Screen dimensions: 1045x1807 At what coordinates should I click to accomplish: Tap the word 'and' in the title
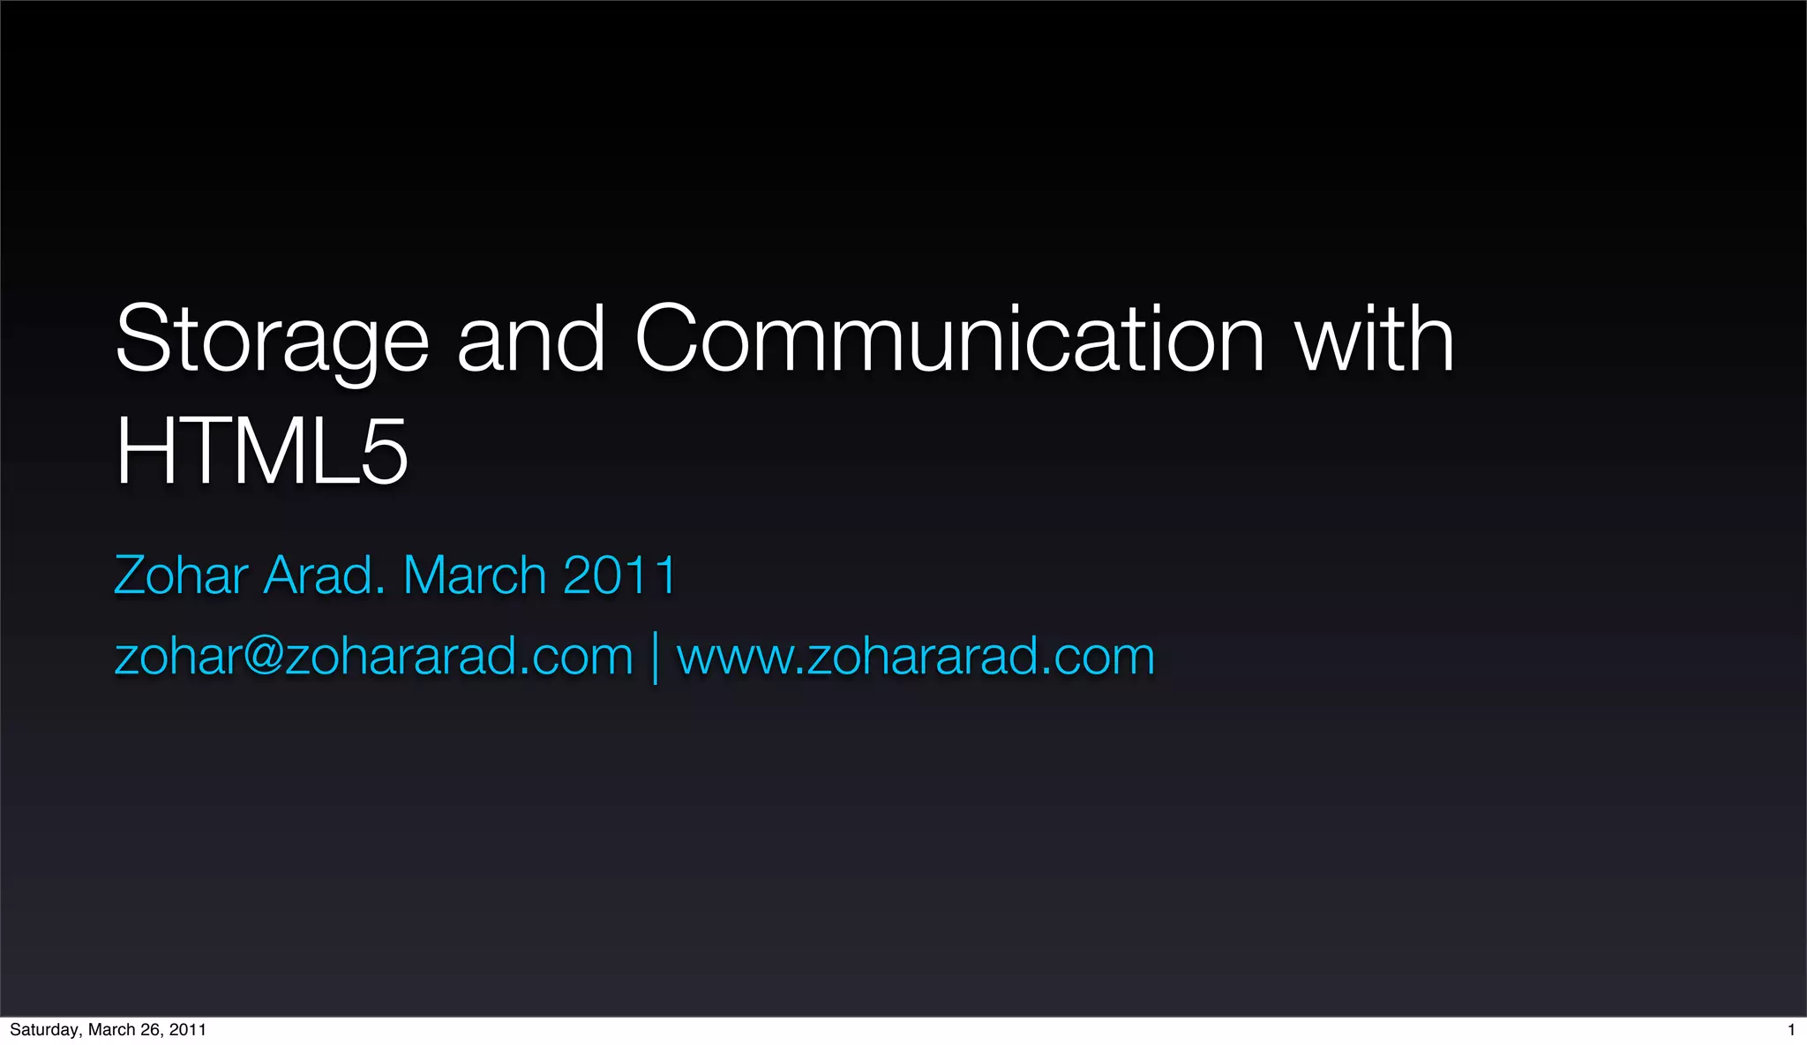[x=531, y=340]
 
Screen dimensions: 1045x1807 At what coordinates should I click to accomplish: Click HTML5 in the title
[x=261, y=452]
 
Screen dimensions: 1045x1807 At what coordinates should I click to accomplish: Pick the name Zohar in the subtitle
[x=181, y=575]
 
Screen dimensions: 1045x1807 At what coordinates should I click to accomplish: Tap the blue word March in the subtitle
[x=475, y=575]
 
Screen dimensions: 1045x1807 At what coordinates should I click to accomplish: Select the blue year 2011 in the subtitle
[x=619, y=575]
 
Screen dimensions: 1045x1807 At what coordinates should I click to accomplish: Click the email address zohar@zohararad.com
[x=374, y=657]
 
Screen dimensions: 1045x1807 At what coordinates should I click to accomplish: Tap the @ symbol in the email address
[x=263, y=657]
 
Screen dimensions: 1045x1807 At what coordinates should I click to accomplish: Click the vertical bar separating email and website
[x=655, y=658]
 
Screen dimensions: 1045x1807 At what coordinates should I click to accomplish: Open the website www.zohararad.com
[x=916, y=657]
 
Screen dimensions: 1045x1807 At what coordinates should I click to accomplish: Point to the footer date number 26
[x=150, y=1030]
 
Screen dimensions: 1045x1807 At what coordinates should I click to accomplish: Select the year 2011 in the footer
[x=188, y=1030]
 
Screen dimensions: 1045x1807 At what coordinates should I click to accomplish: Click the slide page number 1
[x=1791, y=1030]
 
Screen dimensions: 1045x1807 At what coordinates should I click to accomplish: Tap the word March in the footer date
[x=111, y=1030]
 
